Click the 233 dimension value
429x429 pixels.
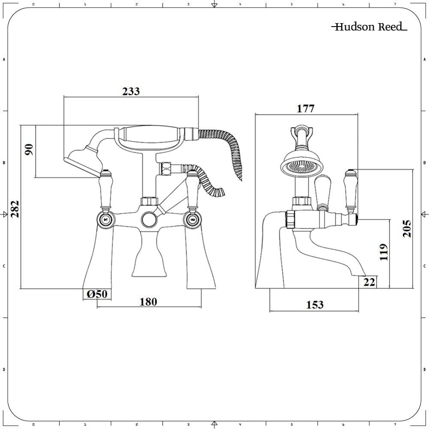(131, 91)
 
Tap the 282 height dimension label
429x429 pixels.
(15, 209)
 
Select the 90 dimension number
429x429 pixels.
(29, 150)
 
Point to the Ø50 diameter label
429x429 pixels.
(97, 294)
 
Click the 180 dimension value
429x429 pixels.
(148, 302)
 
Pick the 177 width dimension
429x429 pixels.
(305, 109)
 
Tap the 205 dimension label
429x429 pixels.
(407, 228)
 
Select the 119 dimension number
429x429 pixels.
(384, 252)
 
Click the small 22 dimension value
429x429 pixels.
(369, 282)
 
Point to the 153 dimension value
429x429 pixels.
(314, 305)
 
